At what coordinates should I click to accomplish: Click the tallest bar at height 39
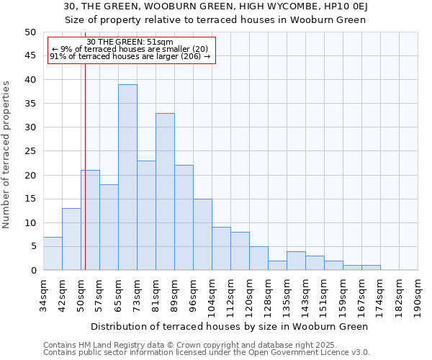pyautogui.click(x=127, y=177)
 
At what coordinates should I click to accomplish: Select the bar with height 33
pyautogui.click(x=165, y=192)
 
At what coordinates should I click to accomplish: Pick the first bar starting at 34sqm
pyautogui.click(x=53, y=253)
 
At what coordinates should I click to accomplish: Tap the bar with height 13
pyautogui.click(x=71, y=239)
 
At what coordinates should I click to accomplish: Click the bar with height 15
pyautogui.click(x=202, y=234)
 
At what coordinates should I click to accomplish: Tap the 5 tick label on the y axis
pyautogui.click(x=32, y=246)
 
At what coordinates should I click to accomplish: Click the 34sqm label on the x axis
pyautogui.click(x=43, y=294)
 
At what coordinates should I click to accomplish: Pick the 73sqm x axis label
pyautogui.click(x=137, y=294)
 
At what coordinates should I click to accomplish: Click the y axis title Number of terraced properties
pyautogui.click(x=6, y=154)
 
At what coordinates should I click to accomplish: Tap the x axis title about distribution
pyautogui.click(x=230, y=326)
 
